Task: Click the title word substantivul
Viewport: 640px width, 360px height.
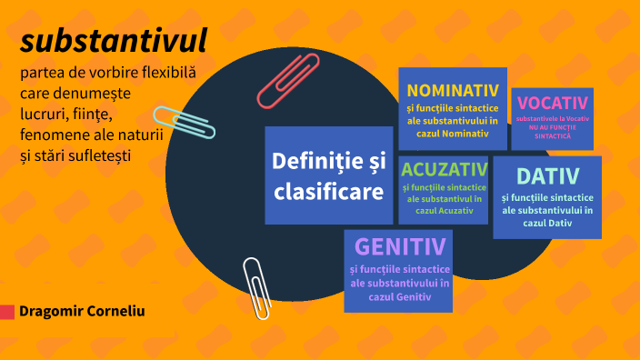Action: [113, 40]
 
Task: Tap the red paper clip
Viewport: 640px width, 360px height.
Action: [288, 79]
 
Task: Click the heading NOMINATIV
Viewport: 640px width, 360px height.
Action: [453, 90]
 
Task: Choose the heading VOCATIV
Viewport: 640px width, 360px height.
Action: [552, 104]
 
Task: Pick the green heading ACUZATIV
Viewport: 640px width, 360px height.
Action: [443, 169]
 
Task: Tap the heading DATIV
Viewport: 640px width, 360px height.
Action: [547, 175]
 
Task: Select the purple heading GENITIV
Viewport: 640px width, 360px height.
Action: [400, 246]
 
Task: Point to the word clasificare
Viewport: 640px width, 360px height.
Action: [328, 192]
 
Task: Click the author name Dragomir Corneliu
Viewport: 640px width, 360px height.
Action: [82, 311]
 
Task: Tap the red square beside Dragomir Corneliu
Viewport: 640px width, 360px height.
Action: [7, 312]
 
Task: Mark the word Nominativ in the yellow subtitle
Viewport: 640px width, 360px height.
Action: [467, 133]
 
